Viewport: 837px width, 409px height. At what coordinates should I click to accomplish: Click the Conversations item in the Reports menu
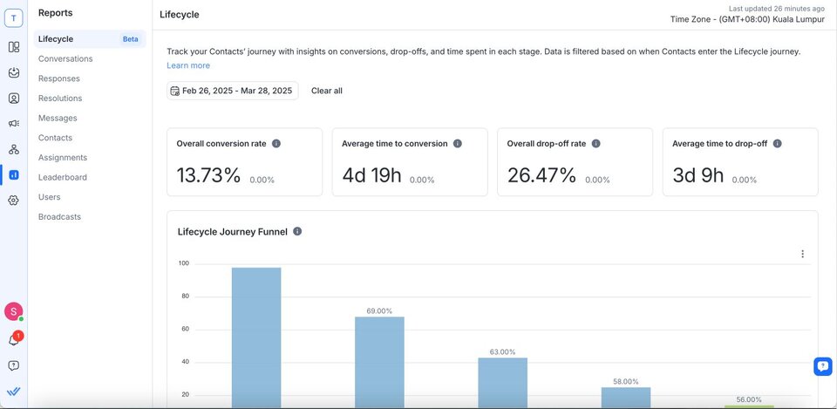65,58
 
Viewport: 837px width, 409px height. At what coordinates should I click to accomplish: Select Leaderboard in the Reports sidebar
63,177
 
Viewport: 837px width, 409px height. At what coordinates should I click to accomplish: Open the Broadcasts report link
59,216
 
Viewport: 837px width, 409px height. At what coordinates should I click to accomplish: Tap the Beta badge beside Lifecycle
130,39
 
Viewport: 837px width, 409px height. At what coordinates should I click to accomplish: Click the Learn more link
188,65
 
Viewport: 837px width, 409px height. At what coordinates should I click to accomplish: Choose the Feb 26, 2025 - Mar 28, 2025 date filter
232,91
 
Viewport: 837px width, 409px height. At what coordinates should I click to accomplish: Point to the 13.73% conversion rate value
208,175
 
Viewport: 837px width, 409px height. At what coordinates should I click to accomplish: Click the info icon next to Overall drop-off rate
612,144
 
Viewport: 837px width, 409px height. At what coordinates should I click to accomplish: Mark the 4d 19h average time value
371,175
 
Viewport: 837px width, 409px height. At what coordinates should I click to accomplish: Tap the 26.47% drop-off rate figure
541,175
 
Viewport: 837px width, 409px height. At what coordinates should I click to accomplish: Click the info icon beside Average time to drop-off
777,144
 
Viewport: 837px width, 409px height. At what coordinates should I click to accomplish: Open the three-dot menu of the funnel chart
802,254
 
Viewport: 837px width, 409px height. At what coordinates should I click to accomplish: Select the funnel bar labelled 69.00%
379,361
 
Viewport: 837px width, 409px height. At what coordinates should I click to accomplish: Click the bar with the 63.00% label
502,382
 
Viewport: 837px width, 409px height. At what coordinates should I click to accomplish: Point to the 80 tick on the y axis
184,297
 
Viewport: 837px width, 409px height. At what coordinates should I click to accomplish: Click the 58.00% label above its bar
626,382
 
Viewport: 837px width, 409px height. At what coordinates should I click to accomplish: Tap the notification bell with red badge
14,340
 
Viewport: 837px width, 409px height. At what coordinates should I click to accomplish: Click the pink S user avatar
13,311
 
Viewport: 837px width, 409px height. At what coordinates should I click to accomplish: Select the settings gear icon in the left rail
14,200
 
